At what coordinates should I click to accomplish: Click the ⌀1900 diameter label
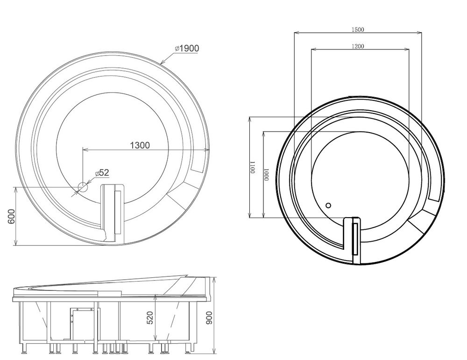tap(187, 48)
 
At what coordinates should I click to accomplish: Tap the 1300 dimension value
tap(140, 145)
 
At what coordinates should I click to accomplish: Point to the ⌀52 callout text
tap(102, 172)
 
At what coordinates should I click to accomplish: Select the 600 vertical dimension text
tap(11, 217)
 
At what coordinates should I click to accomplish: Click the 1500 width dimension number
tap(358, 29)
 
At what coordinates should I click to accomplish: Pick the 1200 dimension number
tap(358, 46)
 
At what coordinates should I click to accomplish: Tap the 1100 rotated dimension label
tap(252, 167)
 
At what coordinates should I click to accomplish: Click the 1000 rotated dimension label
tap(266, 175)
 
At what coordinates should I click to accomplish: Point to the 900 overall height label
tap(209, 318)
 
